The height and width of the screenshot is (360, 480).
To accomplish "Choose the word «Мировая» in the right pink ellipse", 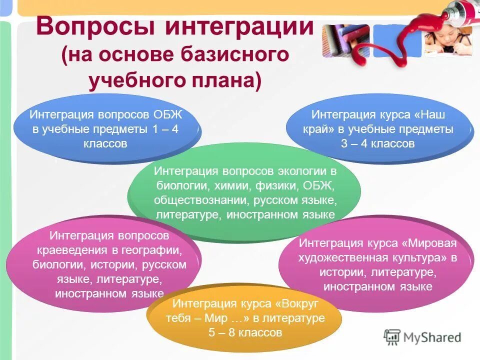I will pos(432,243).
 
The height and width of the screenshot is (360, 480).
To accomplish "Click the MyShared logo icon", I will pos(392,336).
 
